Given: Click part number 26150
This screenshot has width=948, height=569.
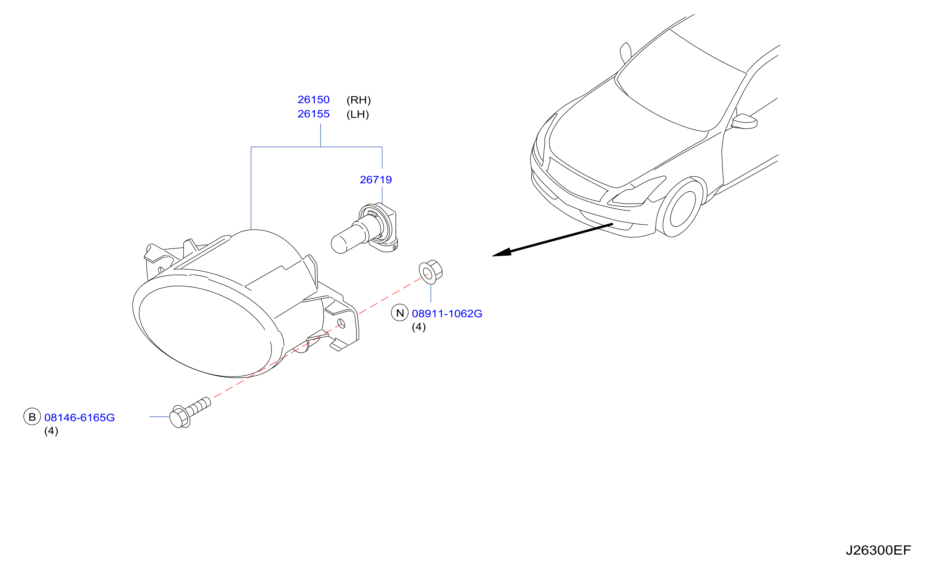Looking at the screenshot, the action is [x=313, y=100].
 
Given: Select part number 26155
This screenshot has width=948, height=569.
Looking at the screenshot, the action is [x=313, y=114].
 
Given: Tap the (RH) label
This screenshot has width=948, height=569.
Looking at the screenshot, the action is [x=358, y=100].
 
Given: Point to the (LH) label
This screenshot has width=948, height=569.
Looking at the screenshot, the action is [x=357, y=114].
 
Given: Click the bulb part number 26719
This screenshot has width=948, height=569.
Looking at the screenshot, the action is [x=376, y=180].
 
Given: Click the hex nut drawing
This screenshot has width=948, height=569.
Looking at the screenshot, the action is [x=431, y=272].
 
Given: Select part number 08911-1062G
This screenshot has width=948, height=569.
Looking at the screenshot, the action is [x=447, y=314].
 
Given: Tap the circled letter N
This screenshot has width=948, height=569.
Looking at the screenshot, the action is [x=400, y=313].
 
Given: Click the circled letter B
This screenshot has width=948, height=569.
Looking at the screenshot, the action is [x=32, y=417].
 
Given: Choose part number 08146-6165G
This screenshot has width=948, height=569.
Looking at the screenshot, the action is [x=79, y=418].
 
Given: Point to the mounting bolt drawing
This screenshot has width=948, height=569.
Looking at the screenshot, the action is [x=190, y=413].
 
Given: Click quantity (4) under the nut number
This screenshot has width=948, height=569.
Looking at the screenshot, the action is [x=419, y=327].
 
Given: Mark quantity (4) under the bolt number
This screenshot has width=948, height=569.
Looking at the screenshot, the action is [x=51, y=431].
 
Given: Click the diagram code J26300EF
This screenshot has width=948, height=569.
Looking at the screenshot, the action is [x=878, y=551].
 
